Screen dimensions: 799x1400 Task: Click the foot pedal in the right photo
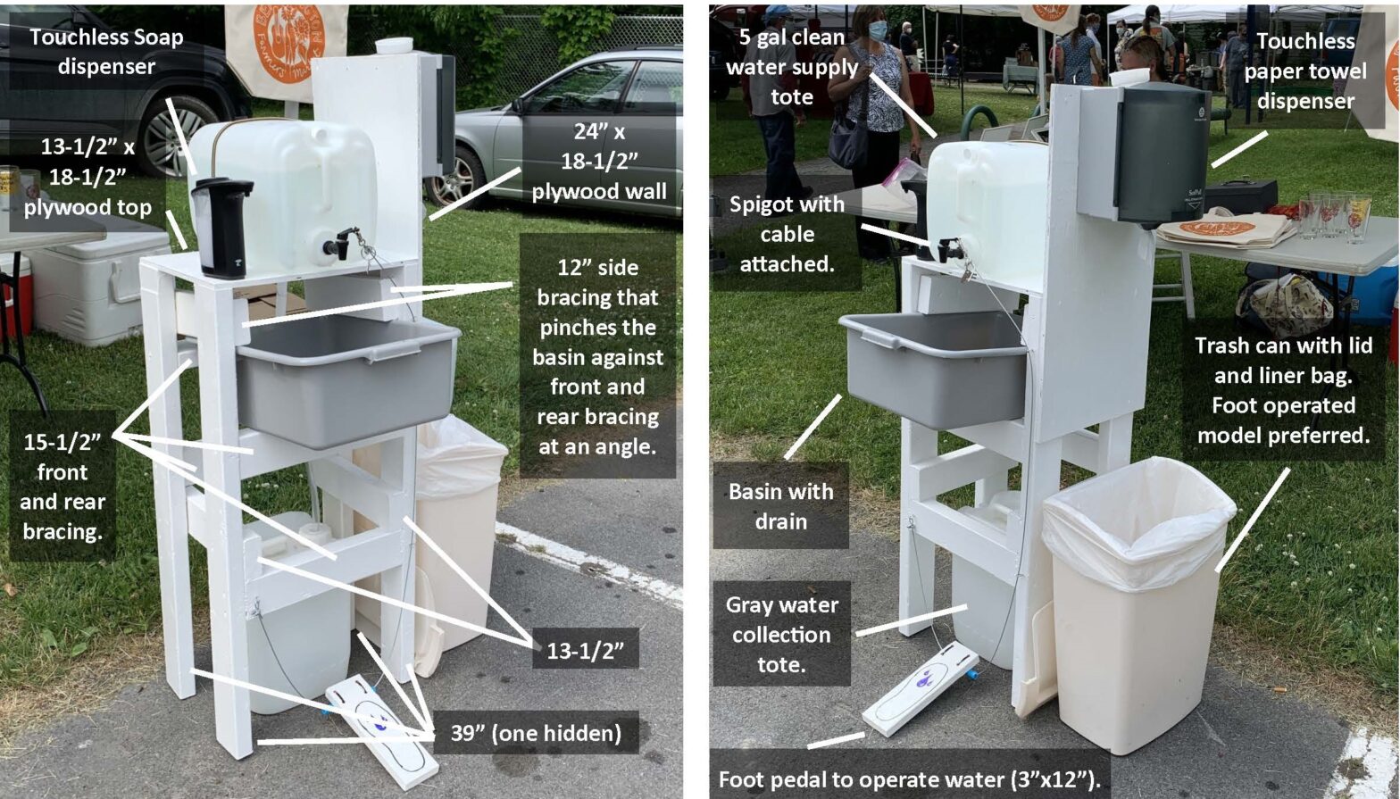tap(920, 687)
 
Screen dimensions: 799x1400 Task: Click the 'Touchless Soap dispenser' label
tap(105, 52)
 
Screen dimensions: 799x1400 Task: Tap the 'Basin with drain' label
tap(780, 505)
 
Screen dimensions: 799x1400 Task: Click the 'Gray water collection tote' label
tap(781, 634)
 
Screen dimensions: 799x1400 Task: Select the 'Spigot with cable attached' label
tap(787, 234)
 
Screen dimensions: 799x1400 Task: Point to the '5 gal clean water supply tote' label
tap(791, 67)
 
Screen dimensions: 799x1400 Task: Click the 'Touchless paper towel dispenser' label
tap(1304, 71)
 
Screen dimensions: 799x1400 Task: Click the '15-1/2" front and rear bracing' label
tap(62, 487)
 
